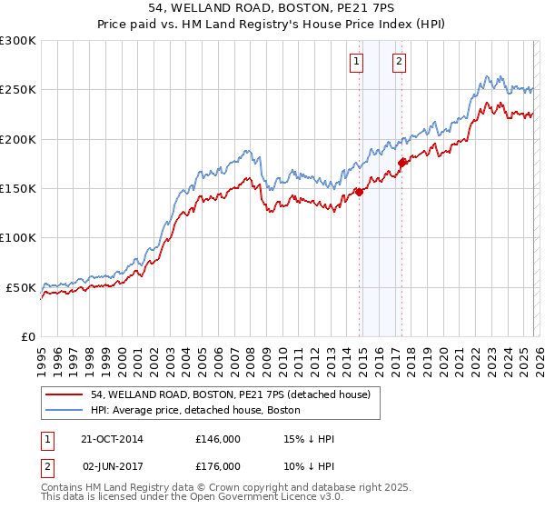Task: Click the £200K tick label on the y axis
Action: click(x=17, y=139)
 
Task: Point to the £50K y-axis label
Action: click(x=20, y=287)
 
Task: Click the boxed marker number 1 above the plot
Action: click(x=356, y=62)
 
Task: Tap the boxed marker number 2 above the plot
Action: click(x=399, y=62)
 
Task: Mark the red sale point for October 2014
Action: click(x=359, y=192)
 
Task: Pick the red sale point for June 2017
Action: click(x=401, y=163)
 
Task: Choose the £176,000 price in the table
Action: click(x=218, y=465)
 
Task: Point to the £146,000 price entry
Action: click(x=218, y=439)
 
